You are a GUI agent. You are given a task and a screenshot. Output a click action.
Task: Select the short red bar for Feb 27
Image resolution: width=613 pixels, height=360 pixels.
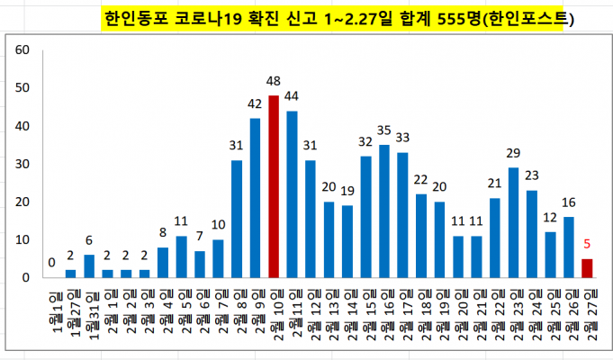point(588,268)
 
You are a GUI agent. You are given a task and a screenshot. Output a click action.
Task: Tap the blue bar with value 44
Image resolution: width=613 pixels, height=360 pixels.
point(292,194)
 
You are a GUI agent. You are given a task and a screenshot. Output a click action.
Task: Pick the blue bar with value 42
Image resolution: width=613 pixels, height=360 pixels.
point(255,198)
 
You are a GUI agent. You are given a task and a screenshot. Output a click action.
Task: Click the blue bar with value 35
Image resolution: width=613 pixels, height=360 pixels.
point(384,211)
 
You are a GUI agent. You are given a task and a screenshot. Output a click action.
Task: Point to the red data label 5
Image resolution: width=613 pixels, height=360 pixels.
point(588,243)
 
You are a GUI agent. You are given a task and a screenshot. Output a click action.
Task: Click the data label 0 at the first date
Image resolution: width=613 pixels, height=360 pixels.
point(52,263)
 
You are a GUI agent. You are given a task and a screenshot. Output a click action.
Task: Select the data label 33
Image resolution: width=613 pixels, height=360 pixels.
point(402,138)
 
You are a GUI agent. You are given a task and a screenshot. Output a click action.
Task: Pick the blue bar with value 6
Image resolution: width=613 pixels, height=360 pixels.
point(89,266)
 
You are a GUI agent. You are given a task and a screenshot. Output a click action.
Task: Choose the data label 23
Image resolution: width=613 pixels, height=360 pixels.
point(532,175)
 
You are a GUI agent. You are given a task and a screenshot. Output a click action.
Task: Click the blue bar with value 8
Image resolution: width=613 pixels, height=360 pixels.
point(163,263)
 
